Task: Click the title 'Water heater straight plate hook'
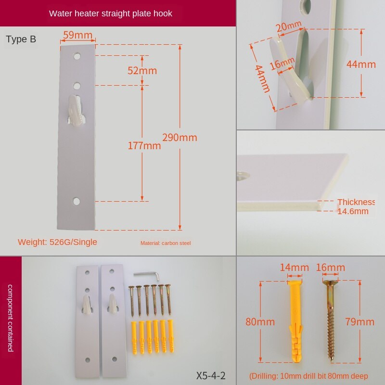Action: click(111, 13)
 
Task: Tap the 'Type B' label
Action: click(21, 39)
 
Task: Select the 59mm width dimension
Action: click(77, 35)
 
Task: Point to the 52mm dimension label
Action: click(142, 71)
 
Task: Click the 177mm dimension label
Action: click(144, 145)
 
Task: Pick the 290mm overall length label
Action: click(179, 138)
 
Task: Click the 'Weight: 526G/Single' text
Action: click(57, 242)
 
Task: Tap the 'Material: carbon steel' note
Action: click(166, 243)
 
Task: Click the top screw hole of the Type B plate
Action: click(77, 56)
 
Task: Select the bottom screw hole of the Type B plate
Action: click(77, 201)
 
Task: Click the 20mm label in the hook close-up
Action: click(289, 26)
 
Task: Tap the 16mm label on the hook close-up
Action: click(282, 64)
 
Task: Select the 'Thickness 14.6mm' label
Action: click(356, 206)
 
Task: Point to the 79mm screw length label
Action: click(359, 322)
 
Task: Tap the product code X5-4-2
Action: click(211, 375)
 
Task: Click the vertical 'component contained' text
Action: click(11, 318)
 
